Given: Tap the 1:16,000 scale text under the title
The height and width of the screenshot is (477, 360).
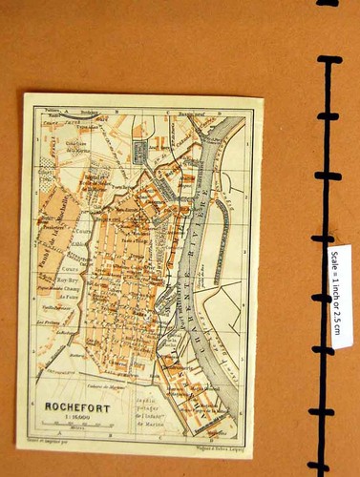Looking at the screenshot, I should pyautogui.click(x=74, y=416).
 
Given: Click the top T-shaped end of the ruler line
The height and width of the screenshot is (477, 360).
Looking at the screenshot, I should pyautogui.click(x=328, y=61).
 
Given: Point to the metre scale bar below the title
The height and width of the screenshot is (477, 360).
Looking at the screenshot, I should pyautogui.click(x=74, y=425).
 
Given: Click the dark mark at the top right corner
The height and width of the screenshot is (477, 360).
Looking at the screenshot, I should pyautogui.click(x=329, y=3).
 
